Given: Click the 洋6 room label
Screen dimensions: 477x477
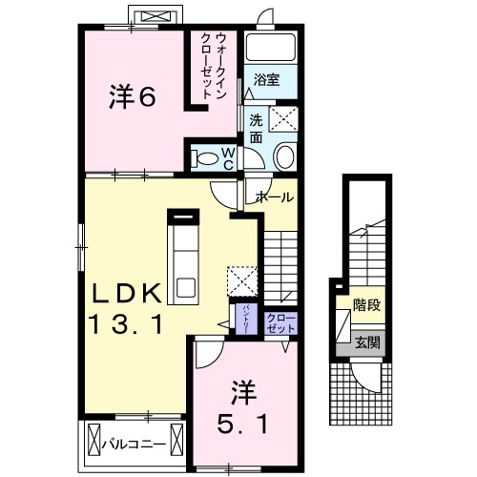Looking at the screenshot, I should click(132, 95).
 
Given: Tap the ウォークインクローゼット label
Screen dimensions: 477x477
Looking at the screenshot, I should click(213, 65).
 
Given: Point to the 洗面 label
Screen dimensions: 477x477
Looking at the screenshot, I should click(256, 129).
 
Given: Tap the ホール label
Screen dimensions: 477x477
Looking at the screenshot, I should click(274, 197).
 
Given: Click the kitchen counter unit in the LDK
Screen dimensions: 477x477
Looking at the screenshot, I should click(181, 255).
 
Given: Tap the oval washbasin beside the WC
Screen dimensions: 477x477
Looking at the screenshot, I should click(284, 157).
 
